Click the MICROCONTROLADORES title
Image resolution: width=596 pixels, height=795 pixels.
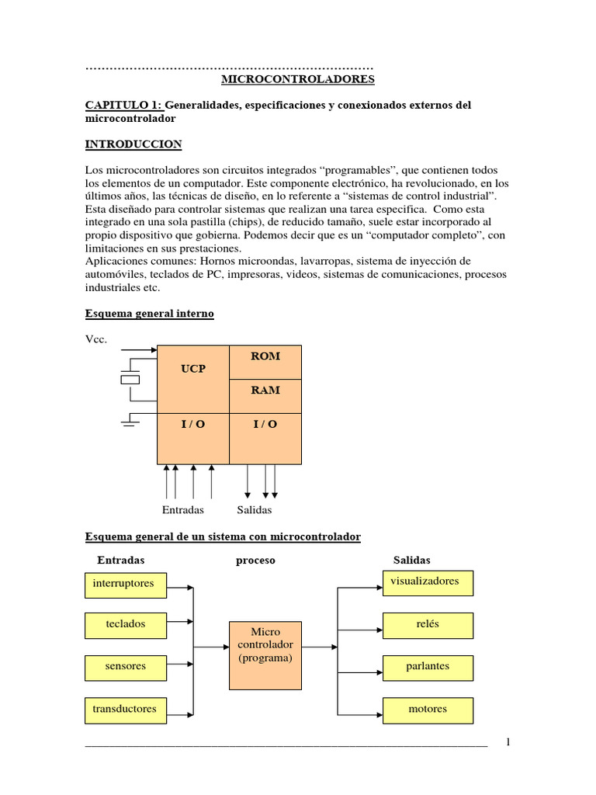coord(298,79)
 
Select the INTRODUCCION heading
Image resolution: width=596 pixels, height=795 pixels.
coord(133,144)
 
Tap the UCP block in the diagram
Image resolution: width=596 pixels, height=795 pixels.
coord(193,369)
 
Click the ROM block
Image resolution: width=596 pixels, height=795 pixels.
coord(265,356)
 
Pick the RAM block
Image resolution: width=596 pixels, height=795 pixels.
coord(265,391)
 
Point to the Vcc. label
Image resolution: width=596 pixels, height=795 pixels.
coord(96,339)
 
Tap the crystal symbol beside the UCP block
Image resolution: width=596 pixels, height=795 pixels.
coord(130,380)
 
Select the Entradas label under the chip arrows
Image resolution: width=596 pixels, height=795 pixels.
coord(183,510)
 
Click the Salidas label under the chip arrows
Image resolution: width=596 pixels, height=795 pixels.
coord(255,510)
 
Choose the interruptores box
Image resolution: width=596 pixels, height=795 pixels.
coord(124,584)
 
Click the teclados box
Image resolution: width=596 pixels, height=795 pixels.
coord(124,624)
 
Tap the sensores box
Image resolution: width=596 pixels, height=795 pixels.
coord(124,666)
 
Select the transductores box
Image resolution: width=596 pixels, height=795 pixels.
coord(124,709)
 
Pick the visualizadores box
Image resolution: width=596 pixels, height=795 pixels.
coord(428,582)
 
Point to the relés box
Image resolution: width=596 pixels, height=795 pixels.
coord(428,624)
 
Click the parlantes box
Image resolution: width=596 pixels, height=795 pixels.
coord(428,667)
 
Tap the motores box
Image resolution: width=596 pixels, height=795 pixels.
coord(428,710)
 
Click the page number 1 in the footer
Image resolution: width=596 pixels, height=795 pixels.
coord(508,742)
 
